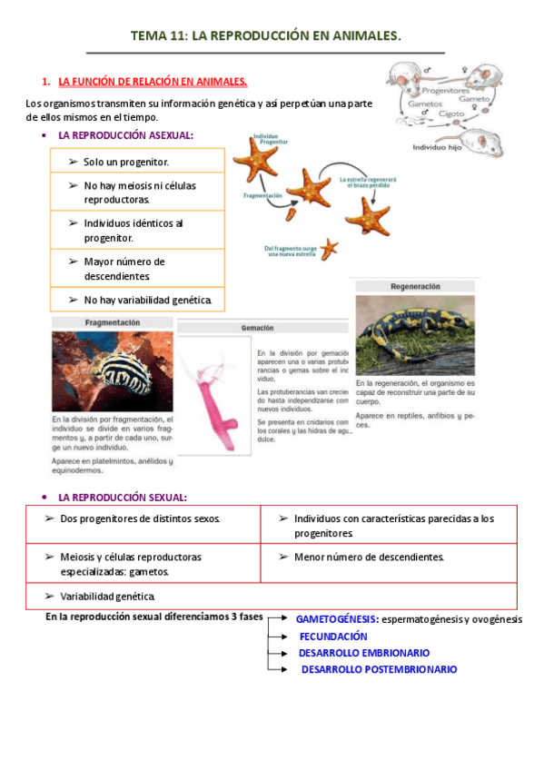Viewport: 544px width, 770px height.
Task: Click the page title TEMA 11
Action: [x=265, y=35]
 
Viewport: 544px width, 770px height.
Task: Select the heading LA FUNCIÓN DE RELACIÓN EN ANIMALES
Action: [x=152, y=81]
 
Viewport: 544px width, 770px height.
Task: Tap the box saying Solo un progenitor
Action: [x=126, y=162]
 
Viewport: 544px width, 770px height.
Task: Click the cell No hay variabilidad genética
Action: [x=147, y=300]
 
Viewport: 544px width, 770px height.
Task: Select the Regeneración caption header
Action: [x=415, y=285]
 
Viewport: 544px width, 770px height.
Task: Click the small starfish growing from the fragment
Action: [x=329, y=248]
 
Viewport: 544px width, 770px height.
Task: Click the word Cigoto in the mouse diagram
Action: [x=452, y=115]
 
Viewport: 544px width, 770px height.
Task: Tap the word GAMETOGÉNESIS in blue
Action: [x=337, y=619]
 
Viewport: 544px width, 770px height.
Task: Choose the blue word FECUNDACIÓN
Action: [x=333, y=637]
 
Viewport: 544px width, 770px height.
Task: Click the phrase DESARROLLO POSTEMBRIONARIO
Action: [x=379, y=669]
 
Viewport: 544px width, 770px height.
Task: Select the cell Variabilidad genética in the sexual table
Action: [x=107, y=596]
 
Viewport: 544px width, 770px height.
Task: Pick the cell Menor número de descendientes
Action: [x=369, y=557]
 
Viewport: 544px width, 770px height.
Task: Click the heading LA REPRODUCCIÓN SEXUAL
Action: [x=123, y=498]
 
